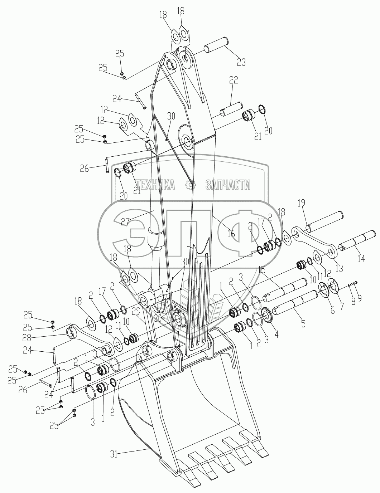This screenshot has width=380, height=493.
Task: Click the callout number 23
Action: (x=241, y=62)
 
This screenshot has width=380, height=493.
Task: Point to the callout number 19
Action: (x=301, y=204)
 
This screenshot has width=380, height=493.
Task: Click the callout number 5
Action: (x=303, y=324)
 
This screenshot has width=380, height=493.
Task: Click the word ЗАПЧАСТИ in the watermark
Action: (x=228, y=185)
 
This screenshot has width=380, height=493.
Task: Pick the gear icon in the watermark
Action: (x=190, y=185)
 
